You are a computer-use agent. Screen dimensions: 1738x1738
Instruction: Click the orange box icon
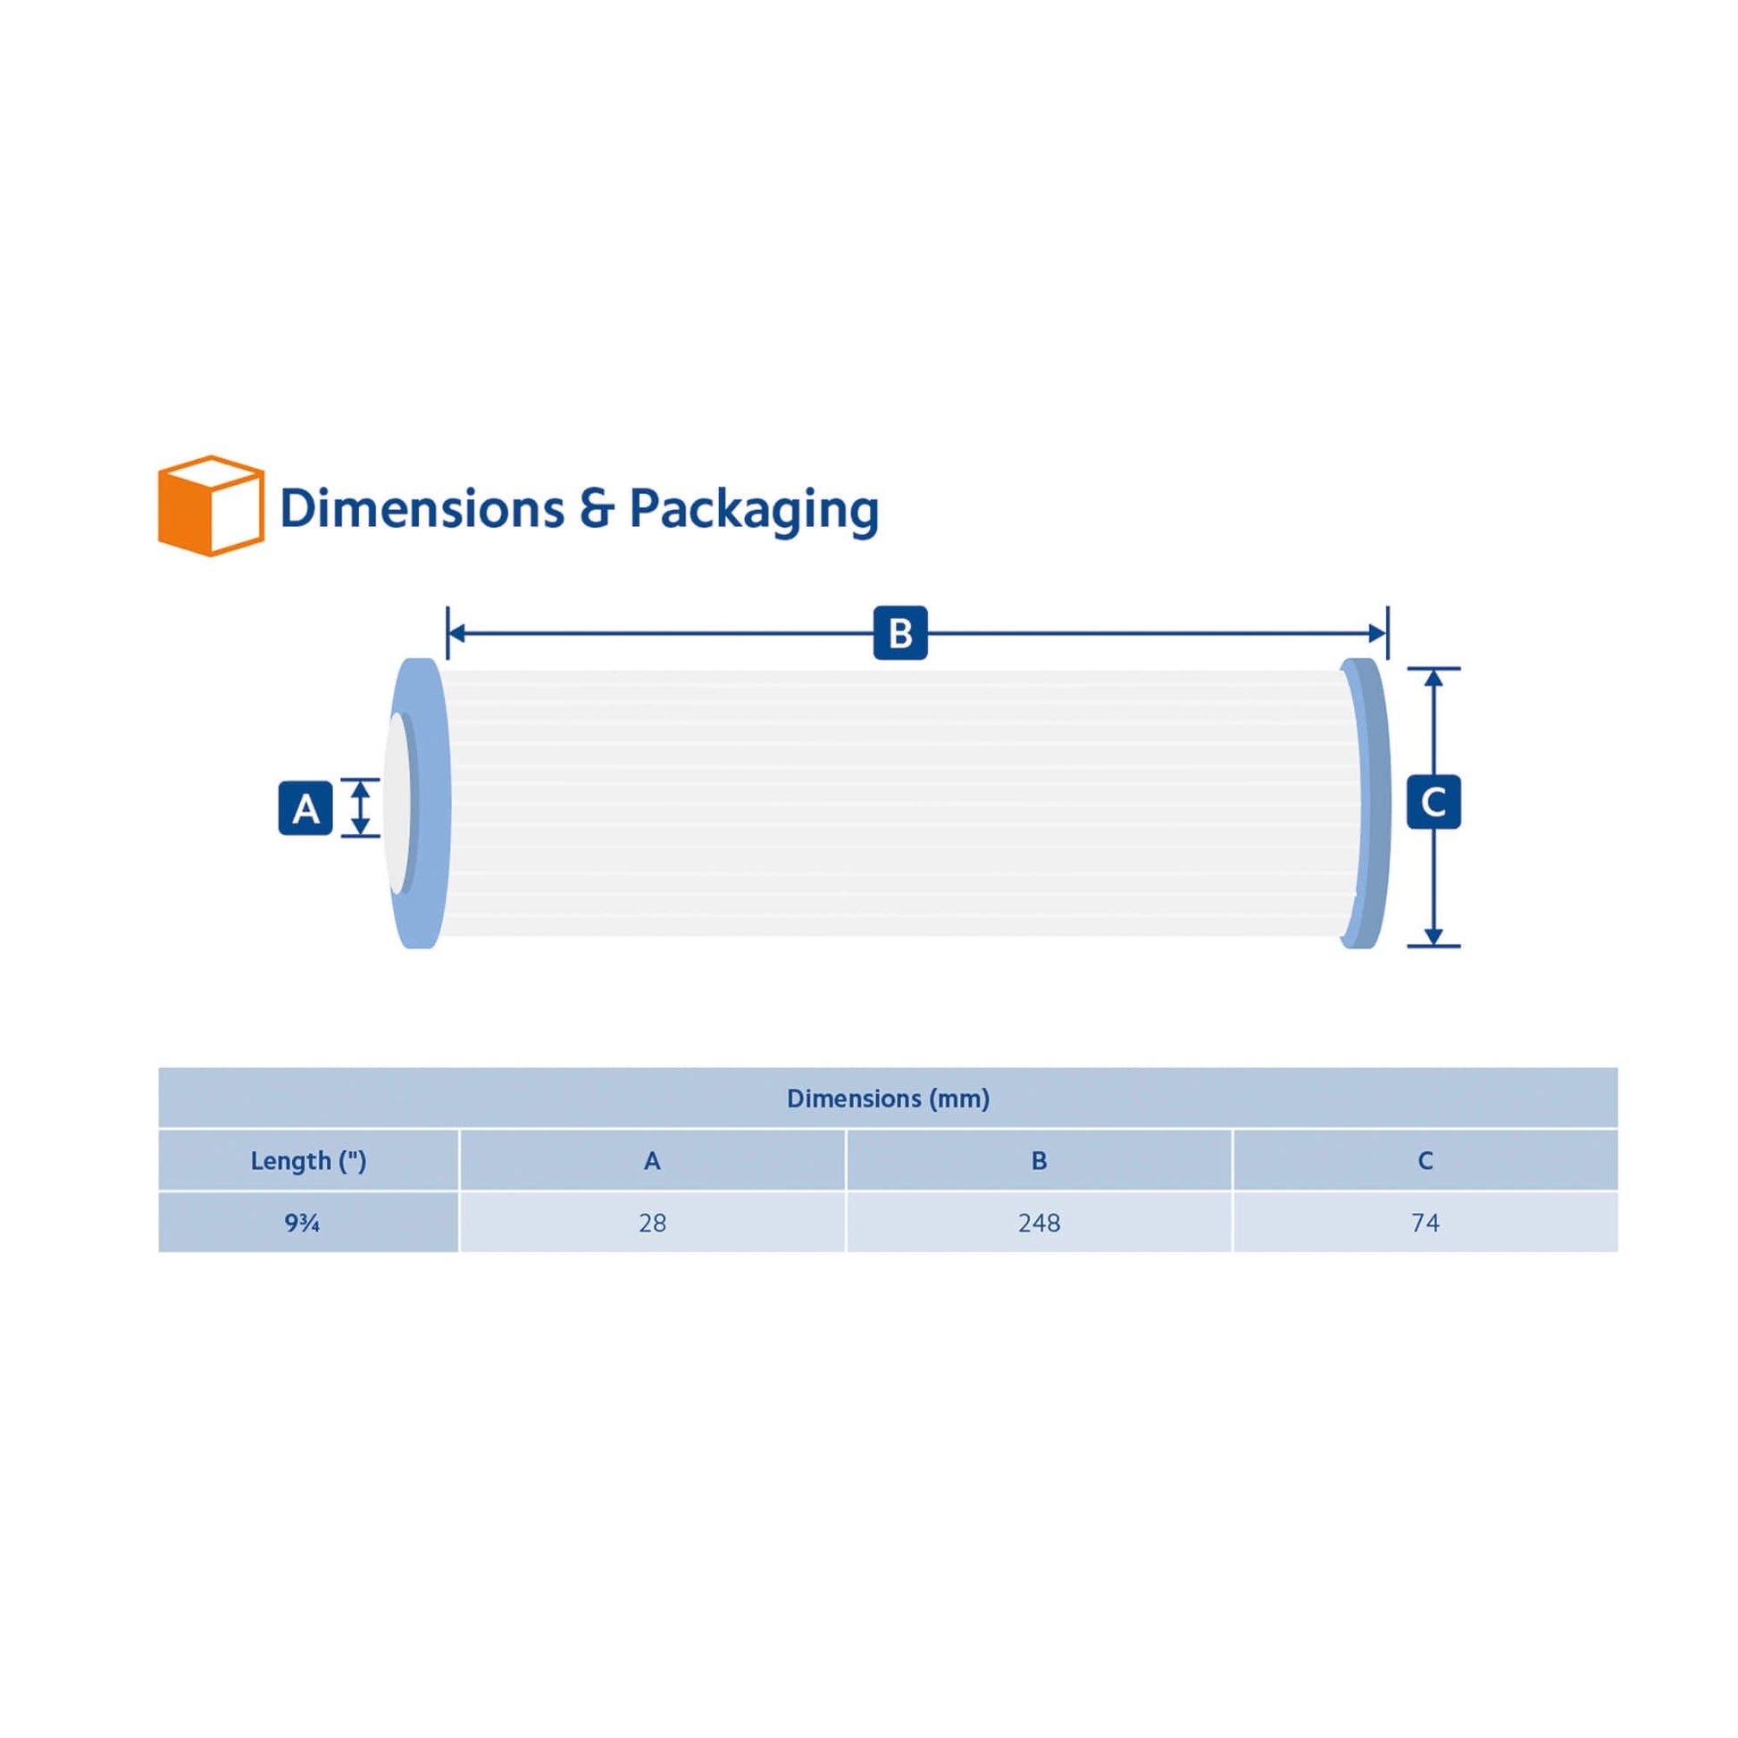point(211,506)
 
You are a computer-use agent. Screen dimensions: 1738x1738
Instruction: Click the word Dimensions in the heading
point(422,509)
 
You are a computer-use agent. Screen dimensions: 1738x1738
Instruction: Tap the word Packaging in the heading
point(753,510)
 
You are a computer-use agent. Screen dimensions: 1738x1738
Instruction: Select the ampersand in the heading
point(597,509)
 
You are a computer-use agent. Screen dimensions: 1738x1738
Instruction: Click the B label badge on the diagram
point(899,633)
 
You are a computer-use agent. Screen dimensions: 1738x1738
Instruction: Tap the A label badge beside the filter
point(305,809)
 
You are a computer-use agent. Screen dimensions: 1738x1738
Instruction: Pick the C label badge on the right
point(1433,801)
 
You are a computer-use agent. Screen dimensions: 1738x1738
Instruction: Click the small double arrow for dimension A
point(360,808)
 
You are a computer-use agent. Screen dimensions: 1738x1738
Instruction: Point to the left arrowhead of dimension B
point(456,633)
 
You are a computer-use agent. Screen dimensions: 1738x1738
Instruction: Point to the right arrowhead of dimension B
point(1377,633)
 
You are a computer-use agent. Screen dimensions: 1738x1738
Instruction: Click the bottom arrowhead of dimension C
point(1434,936)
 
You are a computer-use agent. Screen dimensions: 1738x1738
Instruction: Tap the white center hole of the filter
point(397,803)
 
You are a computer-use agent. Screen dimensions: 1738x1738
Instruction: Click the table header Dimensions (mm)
point(888,1099)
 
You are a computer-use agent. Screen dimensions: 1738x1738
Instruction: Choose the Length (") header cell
point(307,1160)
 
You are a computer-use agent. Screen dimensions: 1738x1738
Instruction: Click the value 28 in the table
point(652,1223)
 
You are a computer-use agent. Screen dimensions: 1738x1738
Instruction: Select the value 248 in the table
point(1039,1223)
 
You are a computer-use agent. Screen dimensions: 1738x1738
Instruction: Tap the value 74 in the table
point(1425,1223)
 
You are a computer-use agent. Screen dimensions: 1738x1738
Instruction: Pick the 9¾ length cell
point(302,1223)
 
